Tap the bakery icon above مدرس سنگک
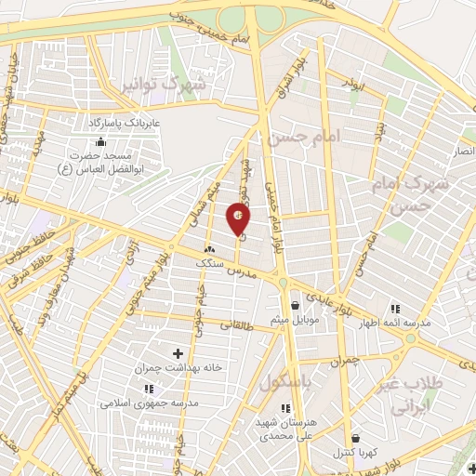click(209, 249)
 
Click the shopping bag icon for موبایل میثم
click(295, 305)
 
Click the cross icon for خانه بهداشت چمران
click(178, 353)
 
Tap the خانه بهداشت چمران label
click(178, 368)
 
